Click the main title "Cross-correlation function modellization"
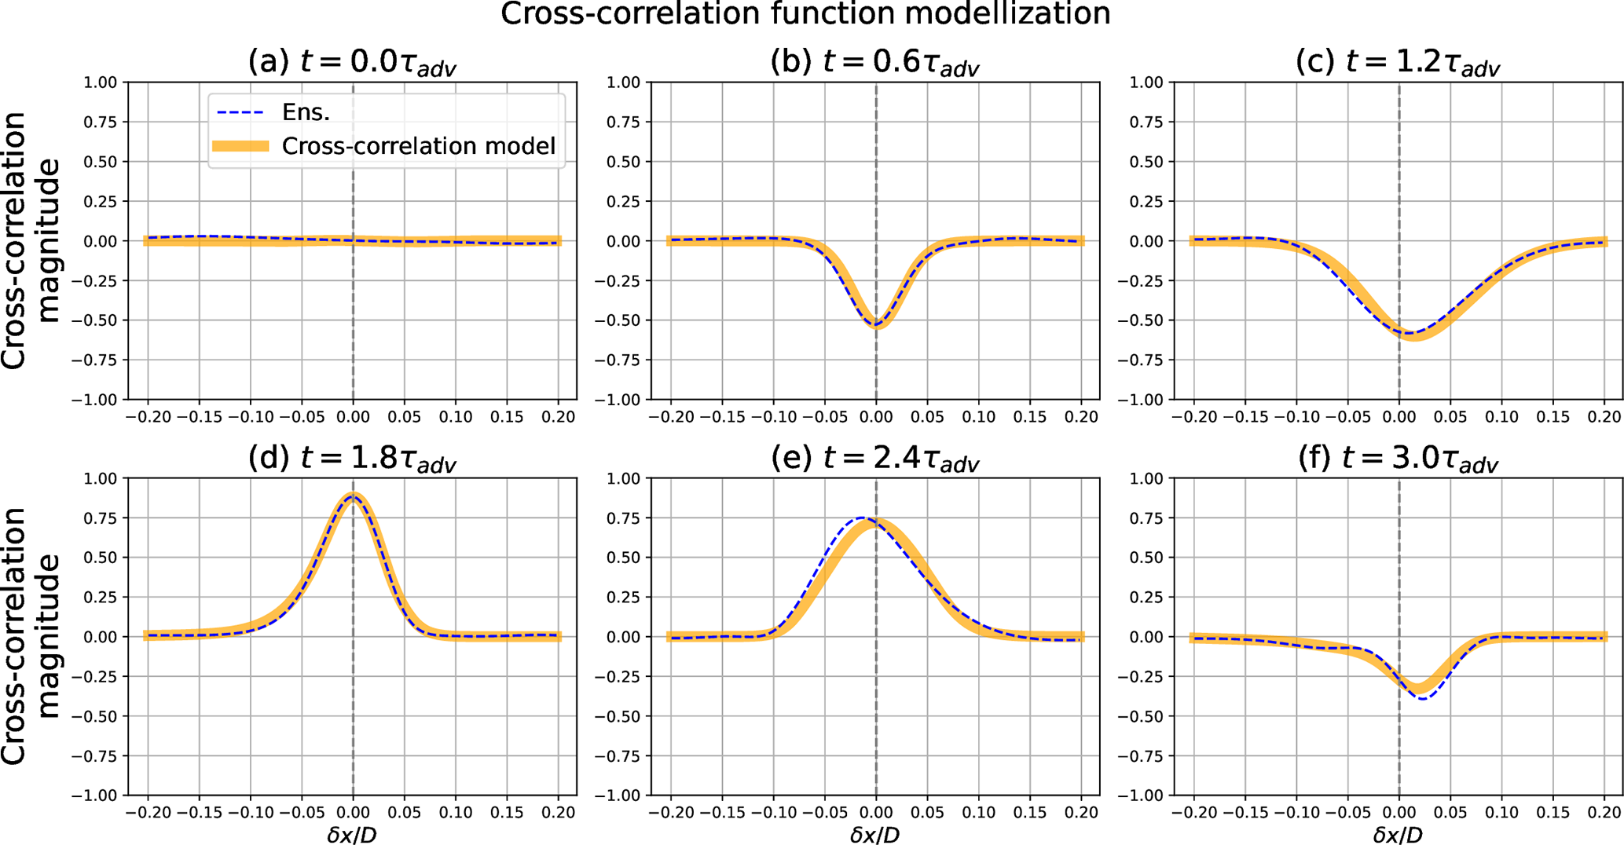click(x=805, y=14)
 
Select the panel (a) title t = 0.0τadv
click(x=352, y=62)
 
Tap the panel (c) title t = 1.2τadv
click(x=1398, y=62)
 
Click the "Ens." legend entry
click(x=306, y=112)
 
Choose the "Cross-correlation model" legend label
click(x=418, y=146)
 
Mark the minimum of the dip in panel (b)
click(x=876, y=324)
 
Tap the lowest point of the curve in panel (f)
click(x=1423, y=697)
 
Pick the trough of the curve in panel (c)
click(x=1410, y=334)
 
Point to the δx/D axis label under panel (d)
click(x=352, y=834)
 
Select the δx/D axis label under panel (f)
click(x=1398, y=834)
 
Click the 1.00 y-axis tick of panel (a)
click(x=100, y=82)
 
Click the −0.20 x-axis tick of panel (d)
click(x=148, y=812)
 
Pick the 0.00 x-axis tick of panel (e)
click(x=876, y=812)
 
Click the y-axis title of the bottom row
click(x=30, y=636)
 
